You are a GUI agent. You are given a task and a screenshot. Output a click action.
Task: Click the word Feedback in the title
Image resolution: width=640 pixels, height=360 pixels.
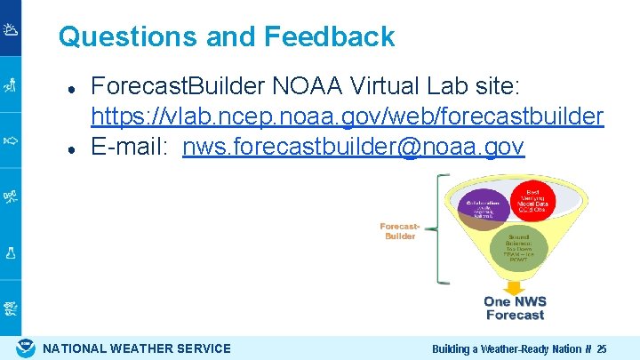tap(329, 36)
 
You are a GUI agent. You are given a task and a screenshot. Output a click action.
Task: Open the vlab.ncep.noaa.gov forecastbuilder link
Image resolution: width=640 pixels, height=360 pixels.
tap(348, 116)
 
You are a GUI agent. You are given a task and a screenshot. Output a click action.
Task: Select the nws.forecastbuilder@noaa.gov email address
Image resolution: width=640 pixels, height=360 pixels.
tap(353, 147)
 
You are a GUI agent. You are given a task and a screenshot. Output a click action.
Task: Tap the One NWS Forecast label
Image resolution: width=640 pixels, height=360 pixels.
tap(515, 308)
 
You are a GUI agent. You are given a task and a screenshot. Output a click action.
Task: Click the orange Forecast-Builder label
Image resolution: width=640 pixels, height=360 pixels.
tap(399, 231)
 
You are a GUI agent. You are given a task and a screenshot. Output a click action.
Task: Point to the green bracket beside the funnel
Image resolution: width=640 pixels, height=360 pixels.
tap(438, 230)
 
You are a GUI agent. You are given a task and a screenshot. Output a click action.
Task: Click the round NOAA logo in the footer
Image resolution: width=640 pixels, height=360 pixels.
tap(27, 348)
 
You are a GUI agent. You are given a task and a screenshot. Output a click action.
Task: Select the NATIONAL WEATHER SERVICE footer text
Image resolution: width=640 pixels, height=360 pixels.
tap(137, 348)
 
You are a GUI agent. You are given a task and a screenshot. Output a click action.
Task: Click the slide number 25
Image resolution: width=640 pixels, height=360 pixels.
tap(602, 349)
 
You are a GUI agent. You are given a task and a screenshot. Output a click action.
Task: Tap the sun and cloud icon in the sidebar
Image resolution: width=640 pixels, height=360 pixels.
tap(11, 30)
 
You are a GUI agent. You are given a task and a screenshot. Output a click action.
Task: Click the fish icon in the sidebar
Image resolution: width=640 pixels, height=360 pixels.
tap(11, 140)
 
